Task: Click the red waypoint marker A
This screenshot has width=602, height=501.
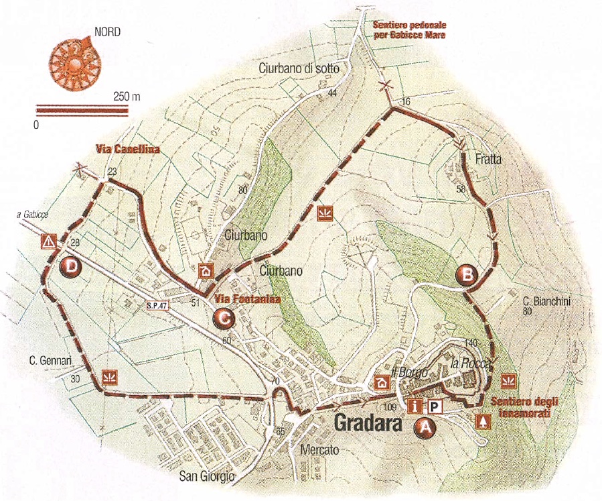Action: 425,426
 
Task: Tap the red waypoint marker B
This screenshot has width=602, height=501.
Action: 466,274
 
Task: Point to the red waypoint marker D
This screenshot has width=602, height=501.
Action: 69,267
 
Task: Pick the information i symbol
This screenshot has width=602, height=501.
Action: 417,406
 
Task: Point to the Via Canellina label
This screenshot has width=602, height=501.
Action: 126,150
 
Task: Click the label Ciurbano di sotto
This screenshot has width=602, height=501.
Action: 300,68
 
